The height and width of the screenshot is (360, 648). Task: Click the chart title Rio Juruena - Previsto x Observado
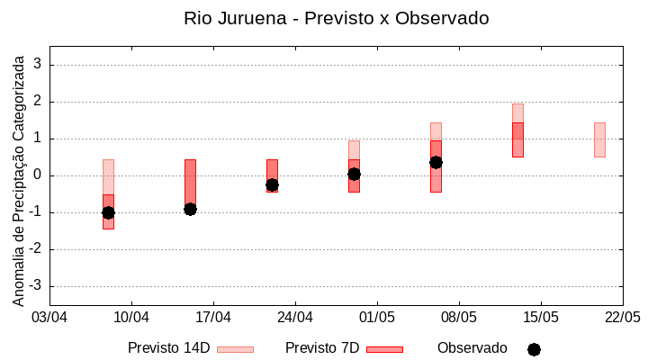(x=336, y=18)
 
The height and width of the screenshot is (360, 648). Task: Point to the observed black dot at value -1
(x=108, y=212)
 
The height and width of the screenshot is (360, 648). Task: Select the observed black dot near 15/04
(x=190, y=209)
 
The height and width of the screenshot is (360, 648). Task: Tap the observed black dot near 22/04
(x=272, y=184)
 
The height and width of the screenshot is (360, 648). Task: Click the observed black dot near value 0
(x=354, y=174)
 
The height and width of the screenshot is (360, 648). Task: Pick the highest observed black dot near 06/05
(x=436, y=162)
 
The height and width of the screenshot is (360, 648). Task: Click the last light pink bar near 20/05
(x=599, y=139)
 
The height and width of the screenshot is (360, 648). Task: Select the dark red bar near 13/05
(x=517, y=139)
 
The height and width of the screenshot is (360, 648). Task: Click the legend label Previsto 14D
(x=168, y=348)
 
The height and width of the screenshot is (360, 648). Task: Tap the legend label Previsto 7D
(x=321, y=348)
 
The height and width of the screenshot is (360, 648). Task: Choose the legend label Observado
(x=472, y=348)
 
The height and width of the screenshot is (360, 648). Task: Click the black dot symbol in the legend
(x=534, y=349)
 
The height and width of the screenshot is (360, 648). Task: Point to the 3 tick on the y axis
(x=38, y=65)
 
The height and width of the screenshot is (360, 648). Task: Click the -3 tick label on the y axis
(x=35, y=286)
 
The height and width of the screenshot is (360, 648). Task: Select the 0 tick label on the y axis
(x=38, y=175)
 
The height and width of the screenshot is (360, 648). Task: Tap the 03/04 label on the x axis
(x=49, y=318)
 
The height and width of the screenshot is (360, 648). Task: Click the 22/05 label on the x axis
(x=622, y=318)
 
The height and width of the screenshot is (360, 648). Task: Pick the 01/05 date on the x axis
(x=377, y=318)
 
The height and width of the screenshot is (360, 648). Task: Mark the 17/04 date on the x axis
(x=213, y=318)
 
